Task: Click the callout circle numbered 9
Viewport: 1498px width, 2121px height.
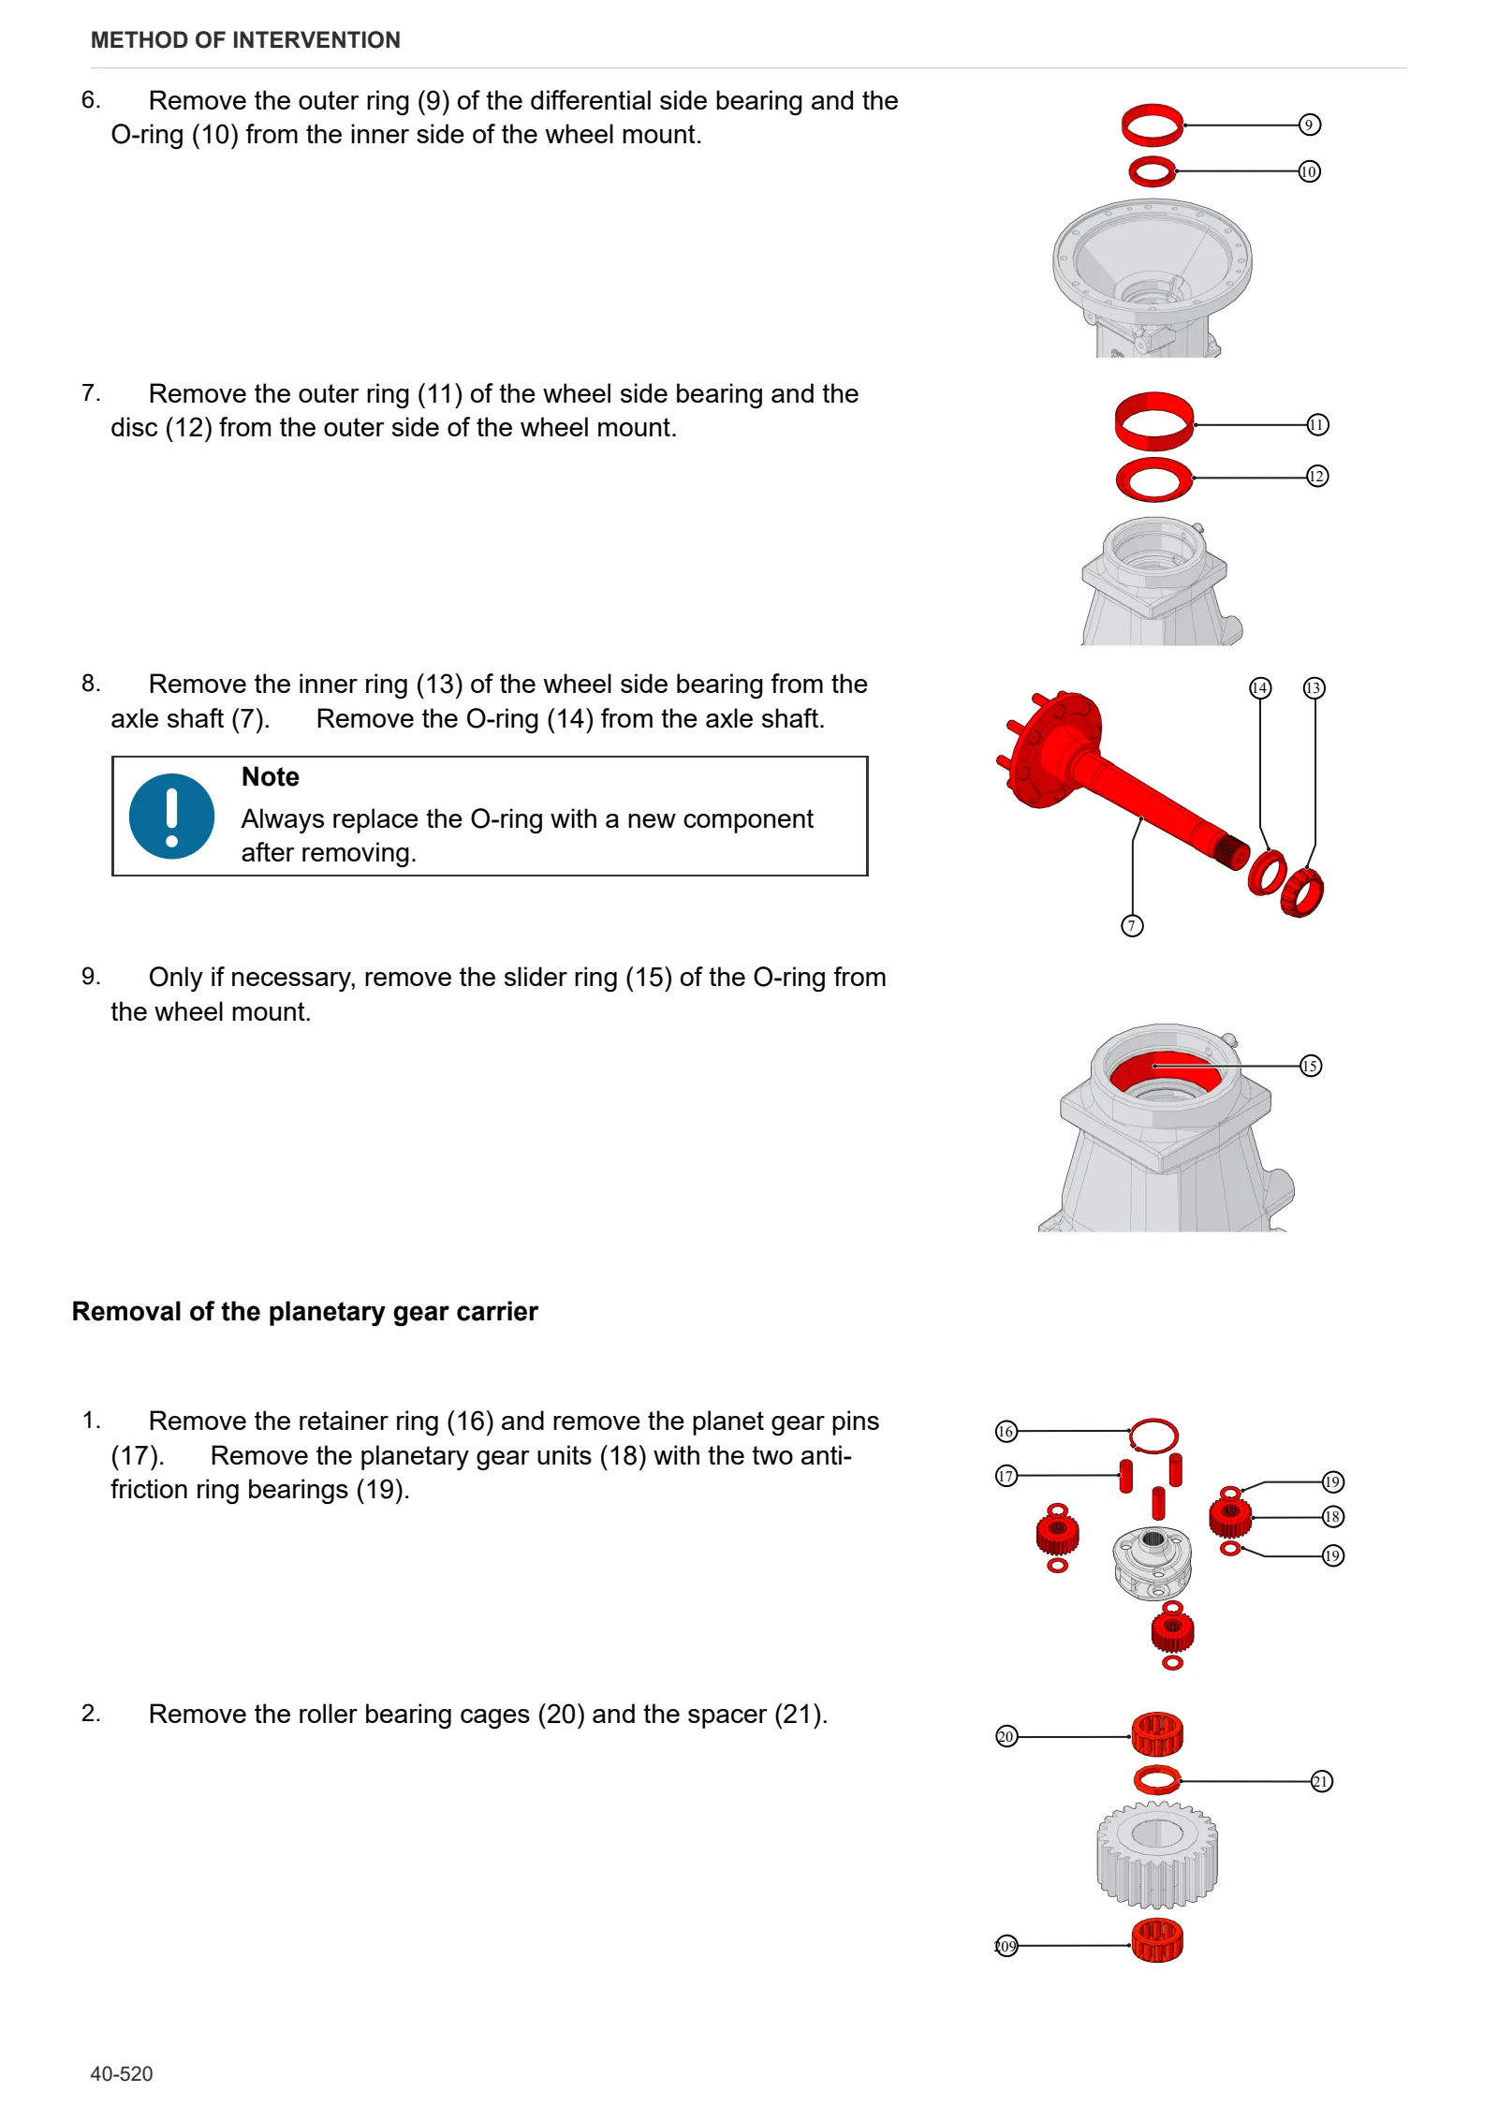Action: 1309,125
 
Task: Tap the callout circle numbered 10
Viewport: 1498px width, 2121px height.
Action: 1309,171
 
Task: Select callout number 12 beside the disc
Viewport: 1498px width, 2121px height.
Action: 1317,477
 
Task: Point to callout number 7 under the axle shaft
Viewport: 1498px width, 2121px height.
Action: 1132,926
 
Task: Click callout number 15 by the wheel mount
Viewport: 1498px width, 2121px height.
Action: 1311,1066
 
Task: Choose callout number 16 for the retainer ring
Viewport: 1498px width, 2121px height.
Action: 1006,1431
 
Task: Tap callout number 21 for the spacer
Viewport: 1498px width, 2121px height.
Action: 1321,1781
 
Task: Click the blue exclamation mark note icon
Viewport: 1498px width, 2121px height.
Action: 171,816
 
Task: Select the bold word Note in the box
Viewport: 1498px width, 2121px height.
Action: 270,777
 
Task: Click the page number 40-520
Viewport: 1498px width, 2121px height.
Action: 122,2074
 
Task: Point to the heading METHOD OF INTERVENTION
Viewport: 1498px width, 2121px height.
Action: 245,40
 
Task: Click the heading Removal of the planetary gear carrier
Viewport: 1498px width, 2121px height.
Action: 305,1311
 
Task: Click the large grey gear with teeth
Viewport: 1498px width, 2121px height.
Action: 1157,1856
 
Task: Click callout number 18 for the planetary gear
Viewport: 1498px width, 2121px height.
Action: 1332,1517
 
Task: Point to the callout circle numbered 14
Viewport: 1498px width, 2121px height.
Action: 1260,688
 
